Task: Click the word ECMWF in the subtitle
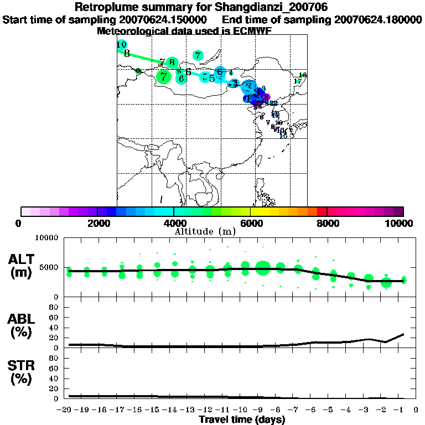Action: coord(256,31)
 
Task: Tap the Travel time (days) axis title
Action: coord(242,419)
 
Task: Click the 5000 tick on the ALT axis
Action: coord(49,267)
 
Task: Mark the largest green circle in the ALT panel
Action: coord(263,269)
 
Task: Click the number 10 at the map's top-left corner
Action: coord(122,44)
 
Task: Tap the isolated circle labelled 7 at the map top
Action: coord(198,55)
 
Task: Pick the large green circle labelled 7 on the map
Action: coord(163,77)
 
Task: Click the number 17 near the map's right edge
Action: coord(298,81)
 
